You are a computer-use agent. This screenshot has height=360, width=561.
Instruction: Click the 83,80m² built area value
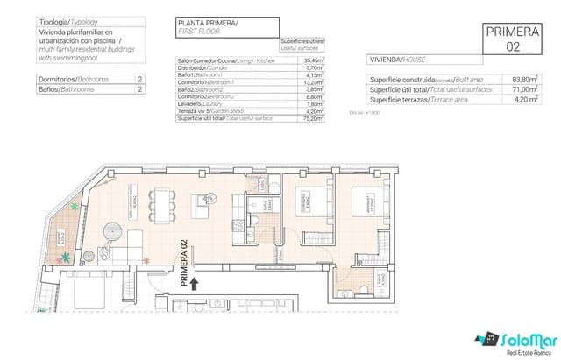[523, 79]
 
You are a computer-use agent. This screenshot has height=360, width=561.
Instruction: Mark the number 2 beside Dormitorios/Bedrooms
[139, 80]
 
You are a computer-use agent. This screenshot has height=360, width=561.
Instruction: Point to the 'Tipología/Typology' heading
[66, 21]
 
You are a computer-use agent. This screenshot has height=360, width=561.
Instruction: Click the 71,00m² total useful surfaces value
[523, 88]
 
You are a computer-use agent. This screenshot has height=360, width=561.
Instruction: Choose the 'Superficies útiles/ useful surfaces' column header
[302, 46]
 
